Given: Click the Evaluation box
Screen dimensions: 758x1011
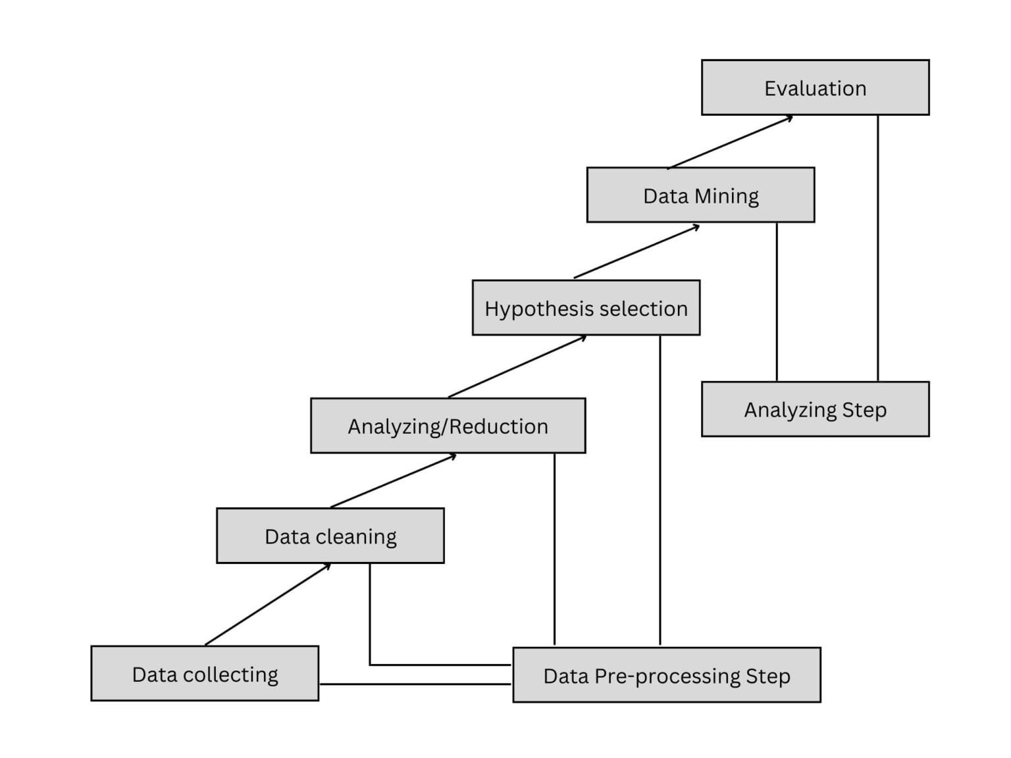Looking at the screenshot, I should click(815, 88).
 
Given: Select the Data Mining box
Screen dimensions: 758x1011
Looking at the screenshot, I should click(700, 195).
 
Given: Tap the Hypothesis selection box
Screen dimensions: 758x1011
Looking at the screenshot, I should click(586, 308).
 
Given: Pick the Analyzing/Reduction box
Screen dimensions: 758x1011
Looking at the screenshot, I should click(448, 426).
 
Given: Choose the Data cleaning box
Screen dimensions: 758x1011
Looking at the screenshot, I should click(330, 536).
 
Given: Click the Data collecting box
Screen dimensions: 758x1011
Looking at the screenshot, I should click(205, 674).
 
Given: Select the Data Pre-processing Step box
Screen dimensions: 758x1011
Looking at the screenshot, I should click(666, 675).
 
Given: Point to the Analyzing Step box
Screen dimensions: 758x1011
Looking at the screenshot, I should click(815, 409).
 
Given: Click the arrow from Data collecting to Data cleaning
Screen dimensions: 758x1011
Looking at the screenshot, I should click(268, 604).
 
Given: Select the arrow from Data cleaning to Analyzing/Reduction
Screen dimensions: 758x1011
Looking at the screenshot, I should click(393, 481).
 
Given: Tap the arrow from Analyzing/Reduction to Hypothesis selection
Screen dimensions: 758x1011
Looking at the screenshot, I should click(517, 366).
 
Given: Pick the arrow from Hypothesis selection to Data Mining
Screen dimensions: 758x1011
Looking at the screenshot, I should click(636, 251).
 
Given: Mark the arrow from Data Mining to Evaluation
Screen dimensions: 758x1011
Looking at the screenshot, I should click(730, 142).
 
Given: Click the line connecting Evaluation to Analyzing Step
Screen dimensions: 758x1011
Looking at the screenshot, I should click(877, 248).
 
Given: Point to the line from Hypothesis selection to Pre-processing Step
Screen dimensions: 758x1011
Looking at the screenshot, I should click(660, 490).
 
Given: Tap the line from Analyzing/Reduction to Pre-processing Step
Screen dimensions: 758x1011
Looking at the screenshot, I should click(554, 549).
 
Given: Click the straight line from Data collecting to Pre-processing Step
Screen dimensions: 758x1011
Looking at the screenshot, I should click(415, 684).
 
